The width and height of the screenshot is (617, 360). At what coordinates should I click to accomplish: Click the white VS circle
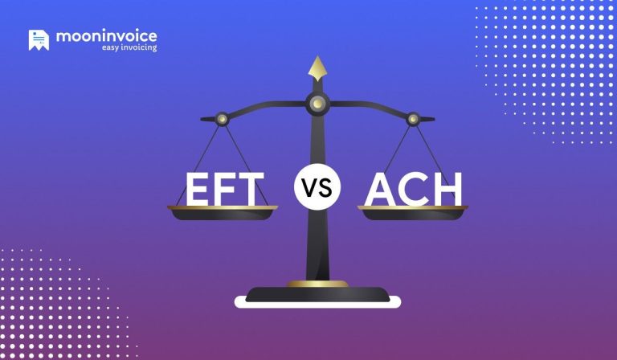tap(317, 190)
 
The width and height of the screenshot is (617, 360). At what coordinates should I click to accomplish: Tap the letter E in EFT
tap(201, 190)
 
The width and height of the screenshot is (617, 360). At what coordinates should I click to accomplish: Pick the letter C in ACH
tap(413, 190)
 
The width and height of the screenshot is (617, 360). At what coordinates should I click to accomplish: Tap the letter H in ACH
tap(446, 190)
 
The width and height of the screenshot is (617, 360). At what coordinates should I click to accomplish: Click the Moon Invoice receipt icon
tap(39, 40)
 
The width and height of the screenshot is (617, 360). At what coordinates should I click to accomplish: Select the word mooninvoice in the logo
tap(106, 36)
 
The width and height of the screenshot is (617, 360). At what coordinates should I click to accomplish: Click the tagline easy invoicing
tap(129, 48)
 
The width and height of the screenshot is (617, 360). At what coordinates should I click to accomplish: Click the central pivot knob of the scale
tap(317, 102)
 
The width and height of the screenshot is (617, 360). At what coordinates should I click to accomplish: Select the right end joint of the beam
tap(413, 118)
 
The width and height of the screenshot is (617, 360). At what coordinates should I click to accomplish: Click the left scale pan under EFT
tap(223, 213)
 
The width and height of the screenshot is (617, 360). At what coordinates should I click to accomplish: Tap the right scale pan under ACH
tap(413, 212)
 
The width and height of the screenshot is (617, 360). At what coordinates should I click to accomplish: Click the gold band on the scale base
tap(317, 284)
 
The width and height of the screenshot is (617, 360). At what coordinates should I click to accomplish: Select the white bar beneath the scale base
tap(317, 303)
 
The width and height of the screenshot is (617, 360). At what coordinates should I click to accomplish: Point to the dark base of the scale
tap(317, 293)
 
